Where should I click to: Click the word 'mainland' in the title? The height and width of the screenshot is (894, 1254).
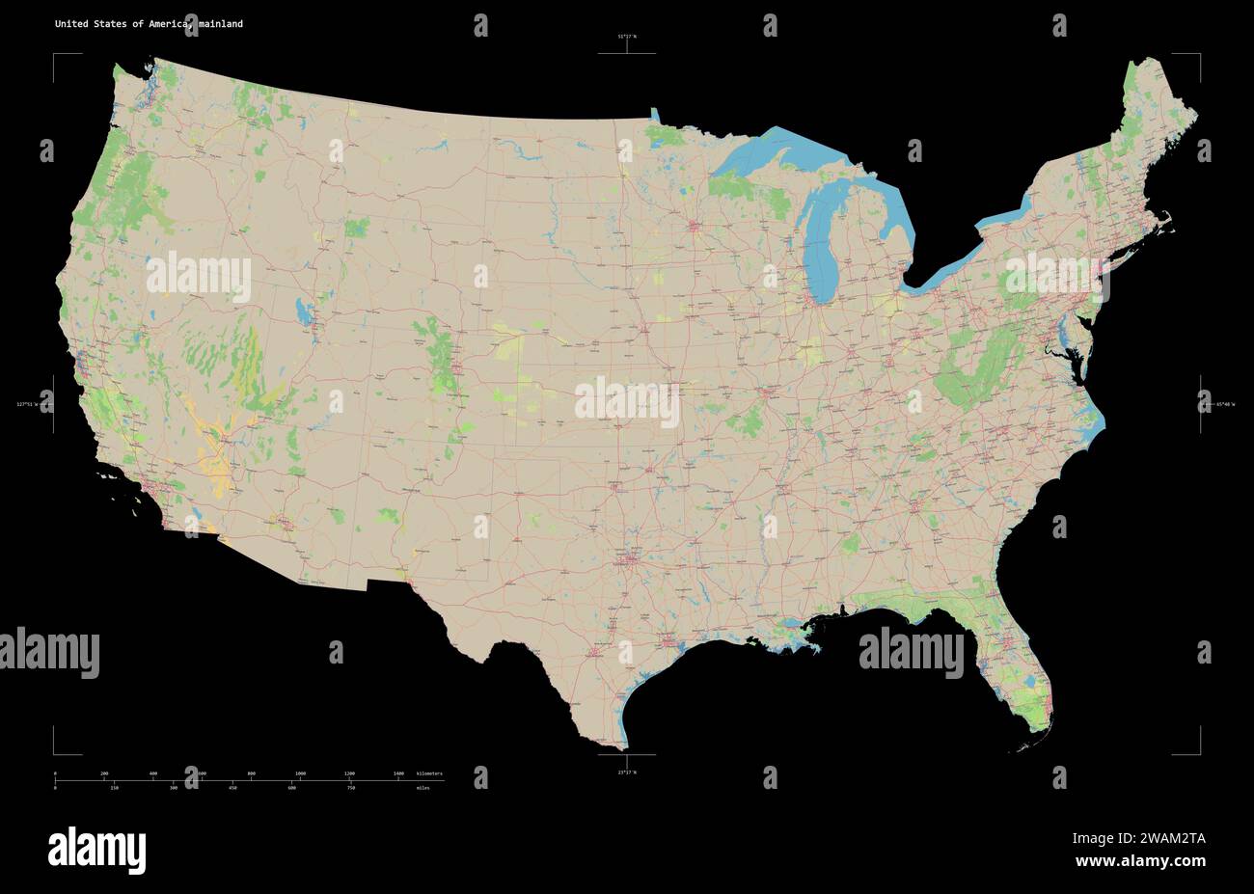pyautogui.click(x=222, y=24)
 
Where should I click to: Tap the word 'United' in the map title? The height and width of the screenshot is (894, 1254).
pyautogui.click(x=69, y=24)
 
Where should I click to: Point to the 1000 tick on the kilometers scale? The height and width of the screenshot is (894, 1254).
pyautogui.click(x=300, y=774)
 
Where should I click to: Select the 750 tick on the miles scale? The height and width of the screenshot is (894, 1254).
pyautogui.click(x=351, y=788)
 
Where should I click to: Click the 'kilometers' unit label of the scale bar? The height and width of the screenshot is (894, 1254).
pyautogui.click(x=429, y=774)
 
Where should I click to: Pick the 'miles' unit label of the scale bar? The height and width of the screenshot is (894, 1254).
pyautogui.click(x=423, y=788)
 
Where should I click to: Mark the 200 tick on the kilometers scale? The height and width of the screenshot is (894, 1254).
pyautogui.click(x=104, y=774)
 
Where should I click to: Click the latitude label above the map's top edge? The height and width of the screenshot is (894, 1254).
pyautogui.click(x=627, y=37)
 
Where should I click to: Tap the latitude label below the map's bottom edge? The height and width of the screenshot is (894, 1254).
pyautogui.click(x=627, y=772)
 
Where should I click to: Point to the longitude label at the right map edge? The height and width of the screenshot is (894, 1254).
pyautogui.click(x=1224, y=404)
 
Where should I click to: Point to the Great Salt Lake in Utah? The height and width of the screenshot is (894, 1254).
pyautogui.click(x=305, y=311)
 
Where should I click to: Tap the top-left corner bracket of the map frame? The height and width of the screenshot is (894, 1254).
pyautogui.click(x=55, y=56)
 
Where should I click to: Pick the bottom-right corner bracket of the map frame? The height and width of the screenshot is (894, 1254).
pyautogui.click(x=1198, y=752)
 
